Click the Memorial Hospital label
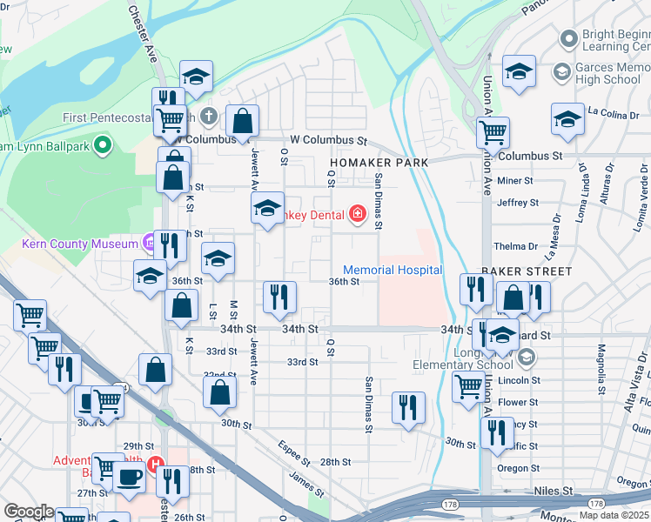pos(393,271)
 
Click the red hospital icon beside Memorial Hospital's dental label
pos(357,214)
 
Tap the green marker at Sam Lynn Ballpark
pos(104,145)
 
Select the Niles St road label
pos(554,491)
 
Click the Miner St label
pos(513,181)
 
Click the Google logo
pos(28,512)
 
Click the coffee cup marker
pos(130,478)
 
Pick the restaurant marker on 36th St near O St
pos(280,298)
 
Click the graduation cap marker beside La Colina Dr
pos(567,120)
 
